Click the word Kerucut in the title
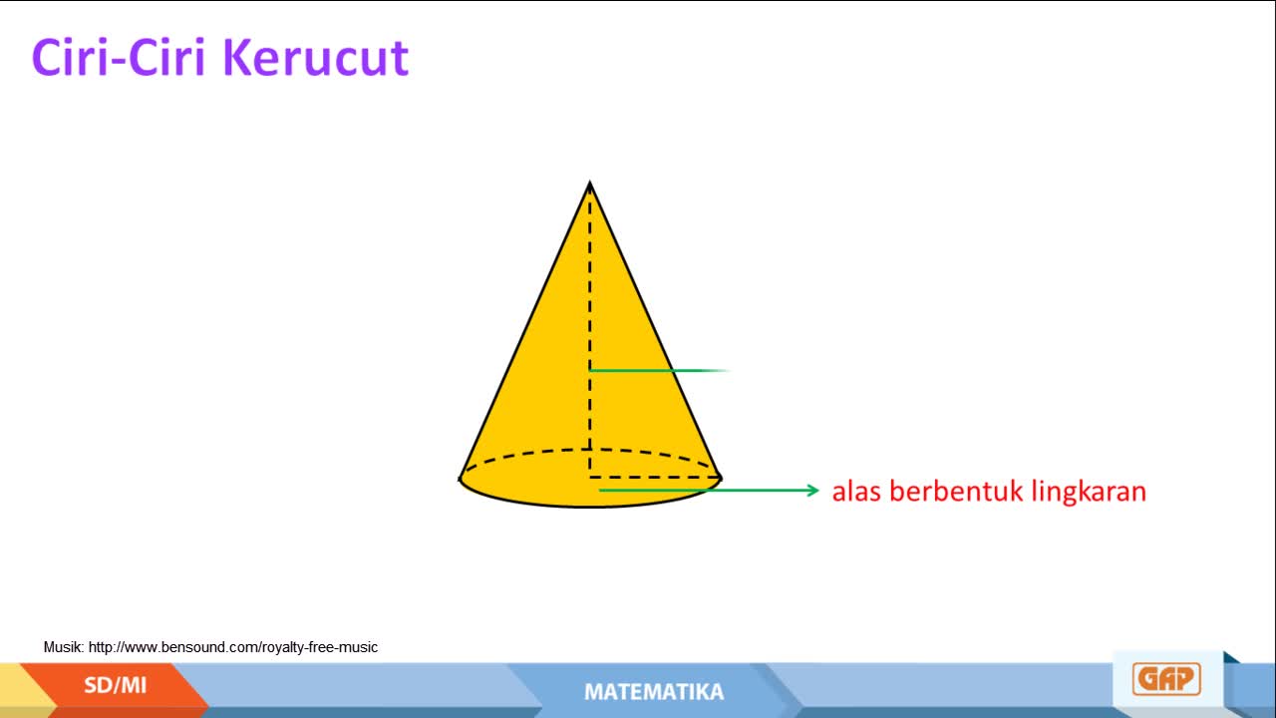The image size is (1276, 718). (315, 57)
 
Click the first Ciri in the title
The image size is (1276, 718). (66, 57)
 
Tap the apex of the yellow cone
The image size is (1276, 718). (589, 182)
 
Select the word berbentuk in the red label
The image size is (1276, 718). (956, 491)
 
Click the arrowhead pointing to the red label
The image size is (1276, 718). (813, 490)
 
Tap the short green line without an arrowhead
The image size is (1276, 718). (660, 370)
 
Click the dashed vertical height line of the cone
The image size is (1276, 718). (589, 330)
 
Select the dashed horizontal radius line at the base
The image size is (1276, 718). (655, 478)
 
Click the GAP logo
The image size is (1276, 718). (1166, 679)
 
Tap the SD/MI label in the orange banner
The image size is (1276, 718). (115, 685)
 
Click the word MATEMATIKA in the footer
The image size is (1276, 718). (654, 692)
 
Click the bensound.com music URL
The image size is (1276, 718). (233, 647)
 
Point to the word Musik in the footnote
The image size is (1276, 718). (64, 647)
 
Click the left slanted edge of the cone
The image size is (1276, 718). (524, 330)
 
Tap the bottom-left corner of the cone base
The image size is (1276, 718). (461, 479)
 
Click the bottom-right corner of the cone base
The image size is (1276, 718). (721, 478)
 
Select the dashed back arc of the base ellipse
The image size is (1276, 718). (590, 450)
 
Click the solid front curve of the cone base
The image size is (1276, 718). (590, 506)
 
